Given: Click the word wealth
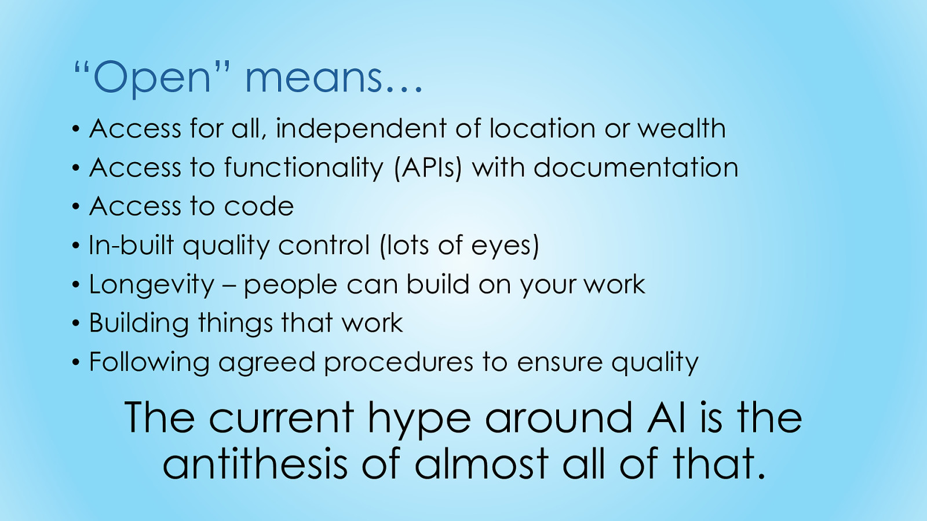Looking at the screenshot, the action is pyautogui.click(x=681, y=128).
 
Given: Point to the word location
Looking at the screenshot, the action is pyautogui.click(x=542, y=128).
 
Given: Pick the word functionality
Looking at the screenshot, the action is pyautogui.click(x=304, y=168).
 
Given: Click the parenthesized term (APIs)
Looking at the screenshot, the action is pyautogui.click(x=428, y=168).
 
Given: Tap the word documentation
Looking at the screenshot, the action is pyautogui.click(x=636, y=167).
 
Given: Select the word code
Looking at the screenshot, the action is pyautogui.click(x=258, y=206).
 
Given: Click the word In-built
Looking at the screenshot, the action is pyautogui.click(x=131, y=245).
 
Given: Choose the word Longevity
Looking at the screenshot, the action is pyautogui.click(x=152, y=285).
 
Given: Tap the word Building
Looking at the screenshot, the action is pyautogui.click(x=138, y=324).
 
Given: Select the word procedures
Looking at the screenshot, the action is pyautogui.click(x=399, y=363).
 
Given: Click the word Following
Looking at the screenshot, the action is pyautogui.click(x=149, y=363).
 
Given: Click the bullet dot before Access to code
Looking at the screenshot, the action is pyautogui.click(x=75, y=207).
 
